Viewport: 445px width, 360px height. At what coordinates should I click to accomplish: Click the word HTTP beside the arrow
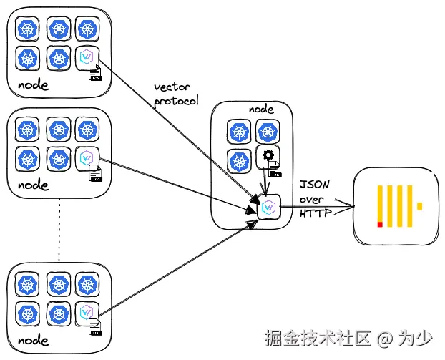[x=313, y=213]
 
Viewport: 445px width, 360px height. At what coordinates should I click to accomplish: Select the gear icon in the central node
[x=268, y=156]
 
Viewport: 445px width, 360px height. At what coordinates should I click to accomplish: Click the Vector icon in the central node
[x=268, y=208]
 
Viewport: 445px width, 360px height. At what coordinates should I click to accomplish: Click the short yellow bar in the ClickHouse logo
[x=419, y=206]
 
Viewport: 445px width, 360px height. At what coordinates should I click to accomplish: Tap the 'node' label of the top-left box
[x=33, y=85]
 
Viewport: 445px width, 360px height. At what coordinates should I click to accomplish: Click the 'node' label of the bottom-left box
[x=33, y=339]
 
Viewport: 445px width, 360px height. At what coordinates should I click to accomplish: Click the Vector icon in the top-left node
[x=87, y=57]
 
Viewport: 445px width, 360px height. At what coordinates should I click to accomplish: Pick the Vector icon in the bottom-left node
[x=87, y=310]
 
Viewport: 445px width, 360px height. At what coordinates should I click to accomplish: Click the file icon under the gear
[x=275, y=169]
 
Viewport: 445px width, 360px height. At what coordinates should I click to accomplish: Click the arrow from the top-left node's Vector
[x=179, y=129]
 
